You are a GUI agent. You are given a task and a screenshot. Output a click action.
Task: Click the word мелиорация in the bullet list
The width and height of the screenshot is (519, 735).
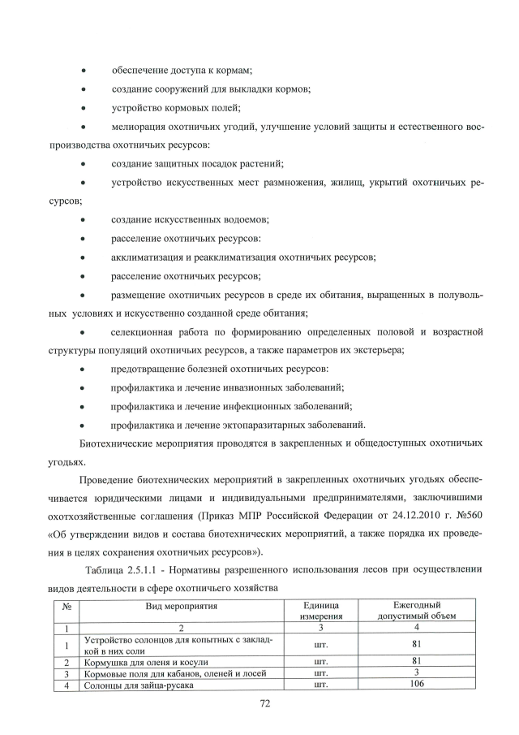coord(139,128)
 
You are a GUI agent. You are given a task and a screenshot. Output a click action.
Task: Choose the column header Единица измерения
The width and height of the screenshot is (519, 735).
coord(319,611)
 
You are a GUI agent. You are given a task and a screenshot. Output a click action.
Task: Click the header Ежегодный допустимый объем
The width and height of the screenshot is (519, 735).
coord(416,611)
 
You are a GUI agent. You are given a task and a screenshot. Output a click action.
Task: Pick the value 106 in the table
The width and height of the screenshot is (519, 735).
coord(416,685)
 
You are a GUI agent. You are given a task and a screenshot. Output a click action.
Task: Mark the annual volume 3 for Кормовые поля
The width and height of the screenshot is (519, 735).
coord(416,672)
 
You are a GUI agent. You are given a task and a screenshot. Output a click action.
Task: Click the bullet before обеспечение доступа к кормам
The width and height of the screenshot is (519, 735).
coord(84,71)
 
